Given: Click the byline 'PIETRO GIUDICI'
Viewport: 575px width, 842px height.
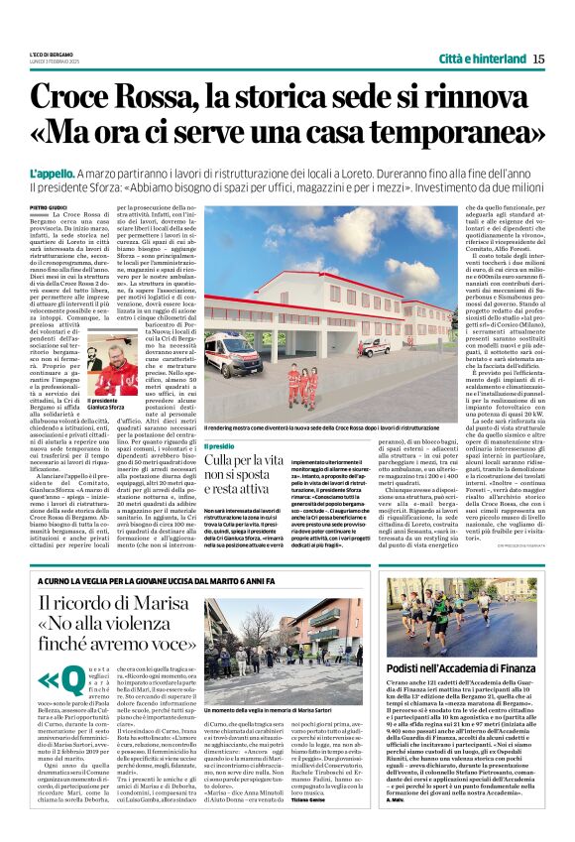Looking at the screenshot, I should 51,206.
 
